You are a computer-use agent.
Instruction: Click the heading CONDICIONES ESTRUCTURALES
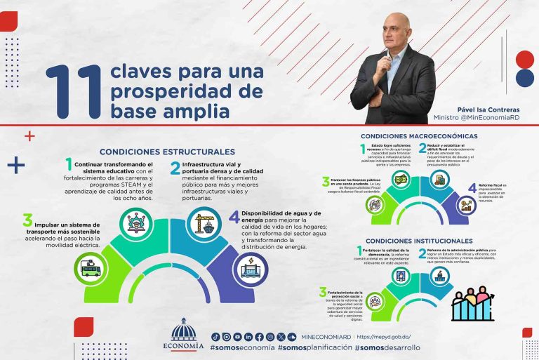pos(167,152)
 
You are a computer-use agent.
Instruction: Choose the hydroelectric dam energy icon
pos(251,269)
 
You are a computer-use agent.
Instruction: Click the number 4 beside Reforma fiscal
pos(472,188)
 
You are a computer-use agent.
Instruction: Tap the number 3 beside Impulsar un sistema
pos(27,220)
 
